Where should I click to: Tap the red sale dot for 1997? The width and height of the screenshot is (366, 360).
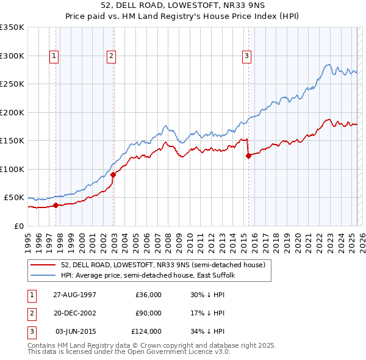[x=56, y=205]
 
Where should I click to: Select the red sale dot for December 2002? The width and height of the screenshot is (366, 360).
[x=113, y=175]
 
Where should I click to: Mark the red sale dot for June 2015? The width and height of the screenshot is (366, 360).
[x=248, y=156]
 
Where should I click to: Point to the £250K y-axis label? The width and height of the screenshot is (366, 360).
[x=12, y=84]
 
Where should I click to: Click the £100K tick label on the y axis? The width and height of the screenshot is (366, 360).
[x=12, y=169]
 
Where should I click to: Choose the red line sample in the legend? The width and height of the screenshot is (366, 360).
[x=43, y=265]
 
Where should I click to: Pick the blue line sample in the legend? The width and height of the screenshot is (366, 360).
[x=43, y=276]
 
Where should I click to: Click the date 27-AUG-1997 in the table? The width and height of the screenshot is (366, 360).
[x=74, y=294]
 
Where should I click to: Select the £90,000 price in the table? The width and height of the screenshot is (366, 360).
[x=148, y=313]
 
